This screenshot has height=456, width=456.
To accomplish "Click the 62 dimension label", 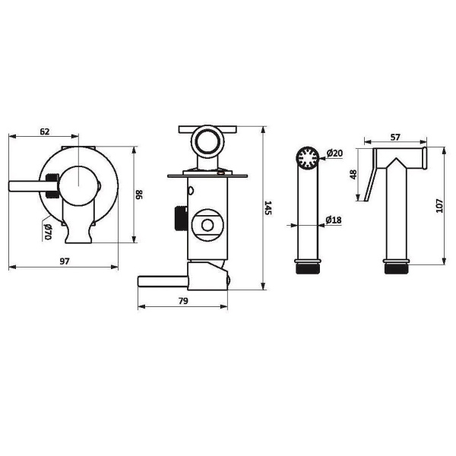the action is [45, 131].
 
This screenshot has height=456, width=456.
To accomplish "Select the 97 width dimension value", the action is [65, 261].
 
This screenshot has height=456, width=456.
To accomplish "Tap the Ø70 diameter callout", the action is [47, 232].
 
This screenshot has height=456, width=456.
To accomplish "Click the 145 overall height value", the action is [268, 207].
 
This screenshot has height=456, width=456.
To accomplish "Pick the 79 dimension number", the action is [183, 301].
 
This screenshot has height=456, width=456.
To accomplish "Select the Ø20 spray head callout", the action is [334, 153].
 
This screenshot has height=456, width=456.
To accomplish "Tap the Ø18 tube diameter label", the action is [334, 220].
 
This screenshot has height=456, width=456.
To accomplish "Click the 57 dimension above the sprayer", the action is [395, 137].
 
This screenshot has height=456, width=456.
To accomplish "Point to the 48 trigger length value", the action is [353, 175].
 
